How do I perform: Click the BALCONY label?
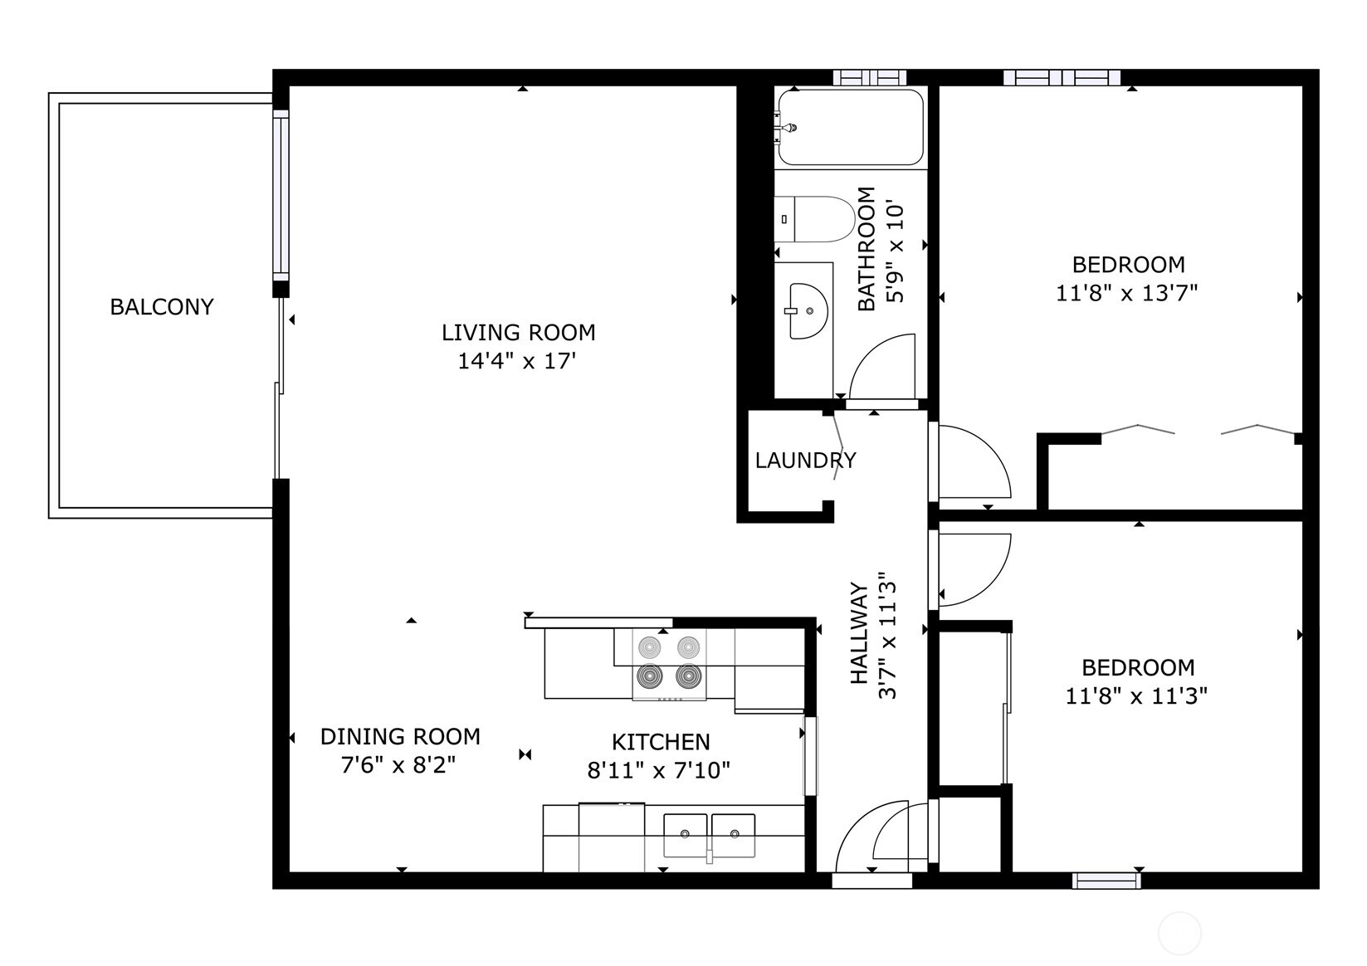point(162,307)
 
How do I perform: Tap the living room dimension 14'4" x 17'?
point(517,361)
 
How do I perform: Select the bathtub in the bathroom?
point(850,128)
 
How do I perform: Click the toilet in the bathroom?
point(814,219)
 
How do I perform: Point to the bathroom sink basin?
point(808,311)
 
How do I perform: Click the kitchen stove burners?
point(669,662)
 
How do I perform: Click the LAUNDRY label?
point(805,460)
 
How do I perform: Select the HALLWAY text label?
point(860,633)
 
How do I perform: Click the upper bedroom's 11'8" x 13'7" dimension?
point(1126,293)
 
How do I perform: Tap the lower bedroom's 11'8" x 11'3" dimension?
point(1136,695)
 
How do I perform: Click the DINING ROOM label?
point(400,736)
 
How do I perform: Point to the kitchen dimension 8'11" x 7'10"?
point(659,770)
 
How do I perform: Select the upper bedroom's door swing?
point(972,463)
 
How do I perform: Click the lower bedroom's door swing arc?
point(973,571)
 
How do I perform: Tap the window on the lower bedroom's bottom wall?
point(1106,881)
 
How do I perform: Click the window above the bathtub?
point(869,78)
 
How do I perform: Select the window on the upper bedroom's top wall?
point(1062,78)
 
